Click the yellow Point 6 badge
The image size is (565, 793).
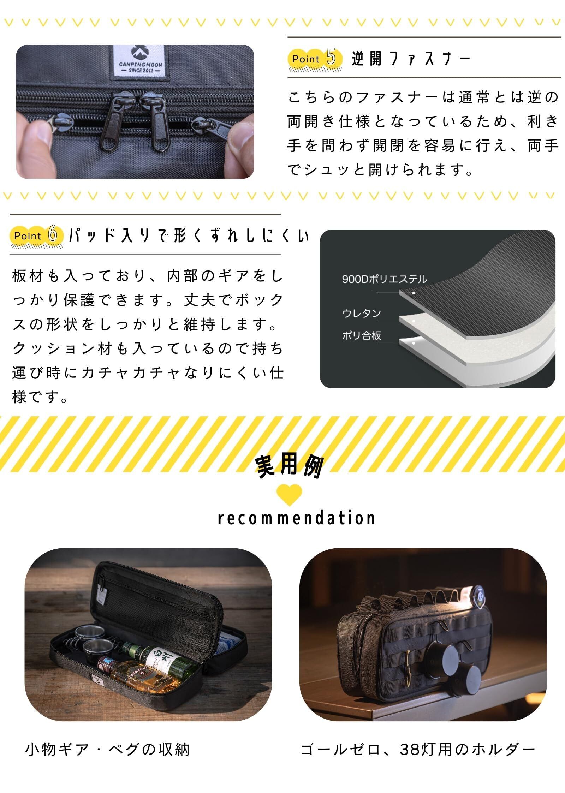pos(37,235)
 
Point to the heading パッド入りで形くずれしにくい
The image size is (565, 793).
pos(189,235)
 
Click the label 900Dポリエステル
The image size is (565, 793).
pos(385,279)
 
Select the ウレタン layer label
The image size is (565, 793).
pos(362,313)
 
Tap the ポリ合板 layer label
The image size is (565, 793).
pos(362,335)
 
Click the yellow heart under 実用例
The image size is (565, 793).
pos(289,495)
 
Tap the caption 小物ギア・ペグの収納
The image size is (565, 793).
pos(108,749)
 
